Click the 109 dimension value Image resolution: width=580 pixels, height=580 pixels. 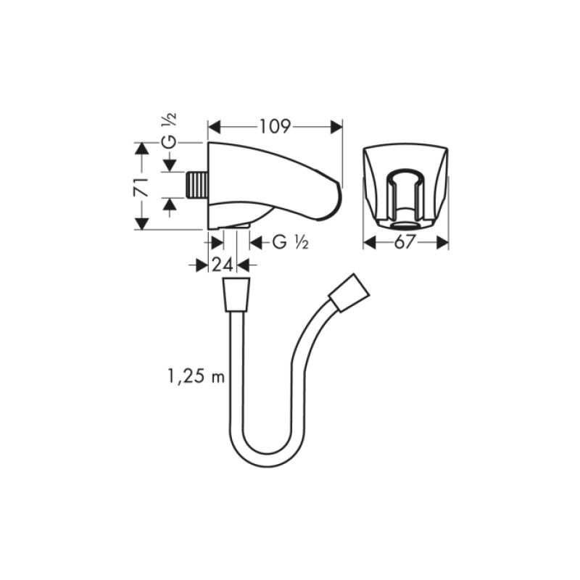click(x=275, y=127)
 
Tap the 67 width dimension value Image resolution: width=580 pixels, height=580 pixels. click(x=405, y=243)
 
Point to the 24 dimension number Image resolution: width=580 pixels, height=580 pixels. click(x=223, y=265)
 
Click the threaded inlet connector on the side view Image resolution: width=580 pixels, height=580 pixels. click(x=196, y=186)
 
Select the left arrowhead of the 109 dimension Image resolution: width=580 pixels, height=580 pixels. click(x=214, y=127)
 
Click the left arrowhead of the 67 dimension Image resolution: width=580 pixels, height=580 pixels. click(x=369, y=243)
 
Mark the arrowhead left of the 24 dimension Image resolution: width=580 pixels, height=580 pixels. click(x=202, y=265)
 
